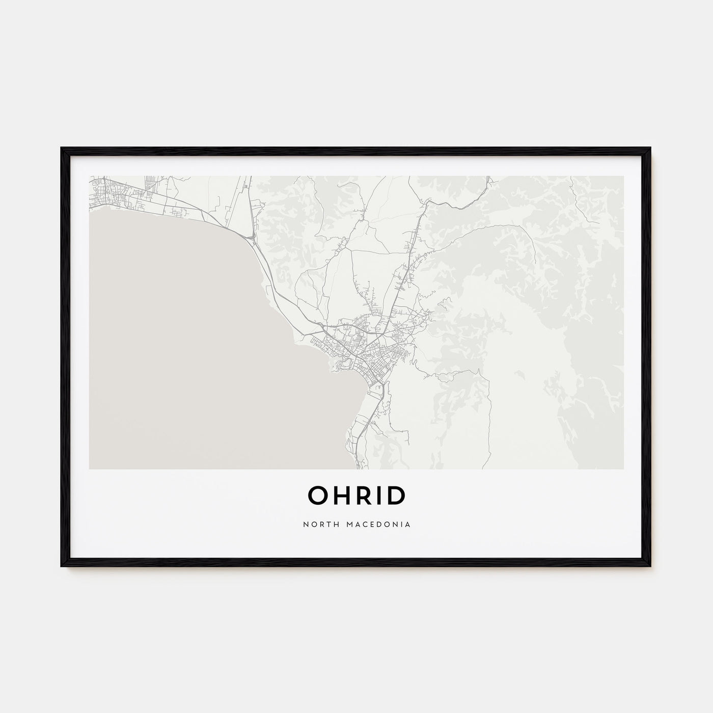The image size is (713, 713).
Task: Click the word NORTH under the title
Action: [316, 524]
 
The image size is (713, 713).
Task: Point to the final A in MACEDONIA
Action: [409, 524]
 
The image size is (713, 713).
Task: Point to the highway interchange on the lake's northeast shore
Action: [251, 237]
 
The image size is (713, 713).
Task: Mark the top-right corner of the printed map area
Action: [623, 176]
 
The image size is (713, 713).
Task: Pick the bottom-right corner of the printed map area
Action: [623, 469]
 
